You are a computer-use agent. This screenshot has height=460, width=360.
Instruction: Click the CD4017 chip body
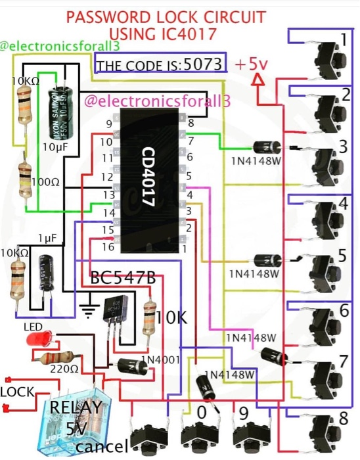pos(148,181)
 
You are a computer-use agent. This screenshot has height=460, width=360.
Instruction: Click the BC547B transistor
pos(113,316)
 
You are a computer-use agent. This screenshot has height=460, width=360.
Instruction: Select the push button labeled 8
pos(326,430)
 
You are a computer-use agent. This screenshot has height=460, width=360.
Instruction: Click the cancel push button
pos(148,438)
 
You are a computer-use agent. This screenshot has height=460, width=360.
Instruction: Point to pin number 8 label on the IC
pos(190,123)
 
